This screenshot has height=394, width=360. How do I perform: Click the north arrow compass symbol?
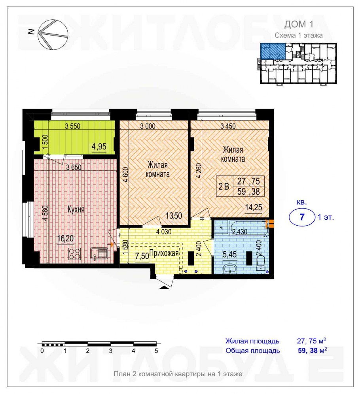(x=53, y=35)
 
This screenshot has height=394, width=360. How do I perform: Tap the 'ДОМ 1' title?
(x=299, y=25)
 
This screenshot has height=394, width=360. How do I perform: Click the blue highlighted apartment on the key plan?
(x=273, y=51)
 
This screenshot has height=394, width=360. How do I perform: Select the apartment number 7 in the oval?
(x=302, y=217)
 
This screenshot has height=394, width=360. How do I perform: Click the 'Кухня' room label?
(x=76, y=209)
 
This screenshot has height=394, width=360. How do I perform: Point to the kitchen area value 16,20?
(x=65, y=238)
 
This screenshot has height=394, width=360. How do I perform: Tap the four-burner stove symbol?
(x=75, y=254)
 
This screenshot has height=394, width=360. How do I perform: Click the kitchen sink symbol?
(x=99, y=253)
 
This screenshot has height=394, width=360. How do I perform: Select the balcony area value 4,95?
(x=99, y=146)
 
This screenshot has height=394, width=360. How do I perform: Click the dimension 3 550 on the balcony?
(x=72, y=126)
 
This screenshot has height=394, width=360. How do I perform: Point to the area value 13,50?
(x=174, y=216)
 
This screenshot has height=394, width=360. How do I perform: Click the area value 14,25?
(x=254, y=207)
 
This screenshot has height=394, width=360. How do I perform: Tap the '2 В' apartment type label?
(x=224, y=186)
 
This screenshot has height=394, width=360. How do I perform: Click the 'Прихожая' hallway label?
(x=164, y=253)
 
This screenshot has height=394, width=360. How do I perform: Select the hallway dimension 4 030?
(x=164, y=232)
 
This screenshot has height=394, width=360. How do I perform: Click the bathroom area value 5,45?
(x=230, y=254)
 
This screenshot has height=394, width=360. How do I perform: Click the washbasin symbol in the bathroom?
(x=229, y=269)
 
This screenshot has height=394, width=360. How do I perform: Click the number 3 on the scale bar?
(x=110, y=351)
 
